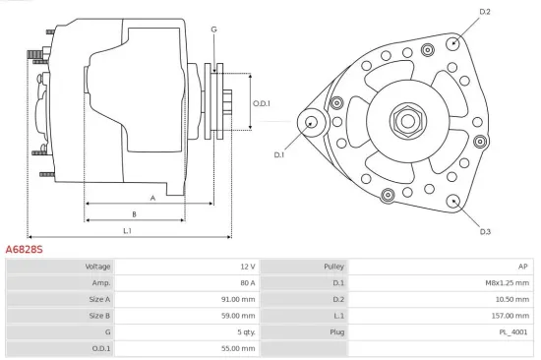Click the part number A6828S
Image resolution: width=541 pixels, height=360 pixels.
click(x=25, y=250)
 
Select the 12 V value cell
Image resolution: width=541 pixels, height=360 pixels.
click(x=246, y=267)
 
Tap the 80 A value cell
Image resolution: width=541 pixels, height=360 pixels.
click(x=246, y=282)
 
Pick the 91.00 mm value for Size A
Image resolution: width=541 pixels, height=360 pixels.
click(x=238, y=299)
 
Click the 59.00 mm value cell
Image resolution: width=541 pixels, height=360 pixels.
click(x=238, y=316)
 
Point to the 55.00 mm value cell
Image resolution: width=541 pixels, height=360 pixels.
click(x=238, y=348)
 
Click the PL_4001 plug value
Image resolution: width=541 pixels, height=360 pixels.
click(x=513, y=332)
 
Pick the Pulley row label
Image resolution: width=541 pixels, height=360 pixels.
click(x=333, y=267)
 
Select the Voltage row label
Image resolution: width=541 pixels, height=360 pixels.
click(x=97, y=267)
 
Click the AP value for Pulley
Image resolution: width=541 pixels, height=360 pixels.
click(x=523, y=267)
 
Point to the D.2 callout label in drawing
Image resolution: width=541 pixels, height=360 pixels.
click(x=484, y=12)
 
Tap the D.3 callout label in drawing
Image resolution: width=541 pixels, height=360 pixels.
click(x=485, y=231)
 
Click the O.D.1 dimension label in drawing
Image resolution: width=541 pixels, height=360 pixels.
click(x=261, y=103)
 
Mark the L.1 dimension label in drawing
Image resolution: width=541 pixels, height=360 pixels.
click(x=128, y=230)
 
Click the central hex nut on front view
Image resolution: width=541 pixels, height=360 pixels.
click(x=406, y=121)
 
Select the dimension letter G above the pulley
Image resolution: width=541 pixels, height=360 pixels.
click(x=213, y=29)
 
